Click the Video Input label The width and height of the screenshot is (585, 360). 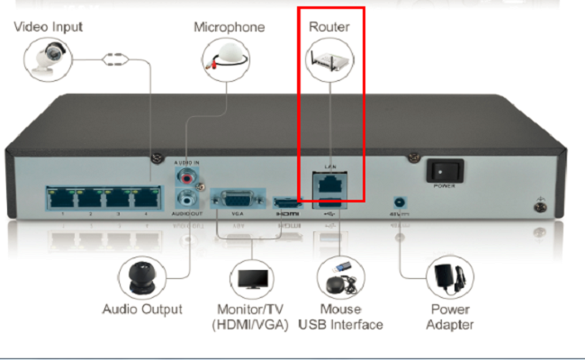click(49, 27)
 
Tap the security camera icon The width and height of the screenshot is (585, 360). click(45, 60)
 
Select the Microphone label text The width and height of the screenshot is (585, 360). click(229, 27)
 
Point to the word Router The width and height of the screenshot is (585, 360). click(328, 27)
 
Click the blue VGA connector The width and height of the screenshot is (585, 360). click(237, 199)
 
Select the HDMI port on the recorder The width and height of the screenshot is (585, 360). click(286, 202)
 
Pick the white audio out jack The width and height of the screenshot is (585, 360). click(187, 197)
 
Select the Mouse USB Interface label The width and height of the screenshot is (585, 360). click(339, 317)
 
